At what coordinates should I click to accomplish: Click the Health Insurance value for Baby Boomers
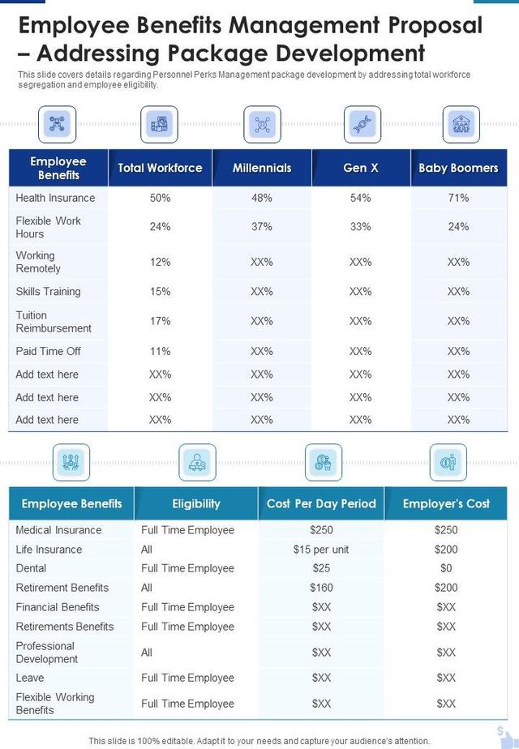coord(458,198)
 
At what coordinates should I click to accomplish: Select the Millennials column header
coord(262,168)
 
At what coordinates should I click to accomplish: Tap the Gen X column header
coord(361,168)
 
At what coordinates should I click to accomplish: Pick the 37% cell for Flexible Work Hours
coord(262,227)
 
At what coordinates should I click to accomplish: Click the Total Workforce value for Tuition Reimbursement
coord(161,321)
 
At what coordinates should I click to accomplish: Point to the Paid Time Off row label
coord(49,351)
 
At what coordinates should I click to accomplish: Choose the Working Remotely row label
coord(38,262)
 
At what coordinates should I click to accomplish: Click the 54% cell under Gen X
coord(361,198)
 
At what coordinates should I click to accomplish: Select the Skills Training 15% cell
coord(161,291)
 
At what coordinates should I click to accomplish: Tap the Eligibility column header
coord(196,503)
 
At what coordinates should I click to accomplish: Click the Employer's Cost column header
coord(446,503)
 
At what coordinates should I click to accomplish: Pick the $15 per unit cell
coord(321,550)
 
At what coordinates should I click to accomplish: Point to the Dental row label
coord(31,568)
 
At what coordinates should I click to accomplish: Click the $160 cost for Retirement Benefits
coord(321,588)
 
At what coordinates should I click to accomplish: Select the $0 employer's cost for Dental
coord(446,568)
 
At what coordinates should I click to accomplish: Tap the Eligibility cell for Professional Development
coord(147,652)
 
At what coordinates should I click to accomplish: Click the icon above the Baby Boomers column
coord(461,124)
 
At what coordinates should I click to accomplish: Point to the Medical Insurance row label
coord(58,530)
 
